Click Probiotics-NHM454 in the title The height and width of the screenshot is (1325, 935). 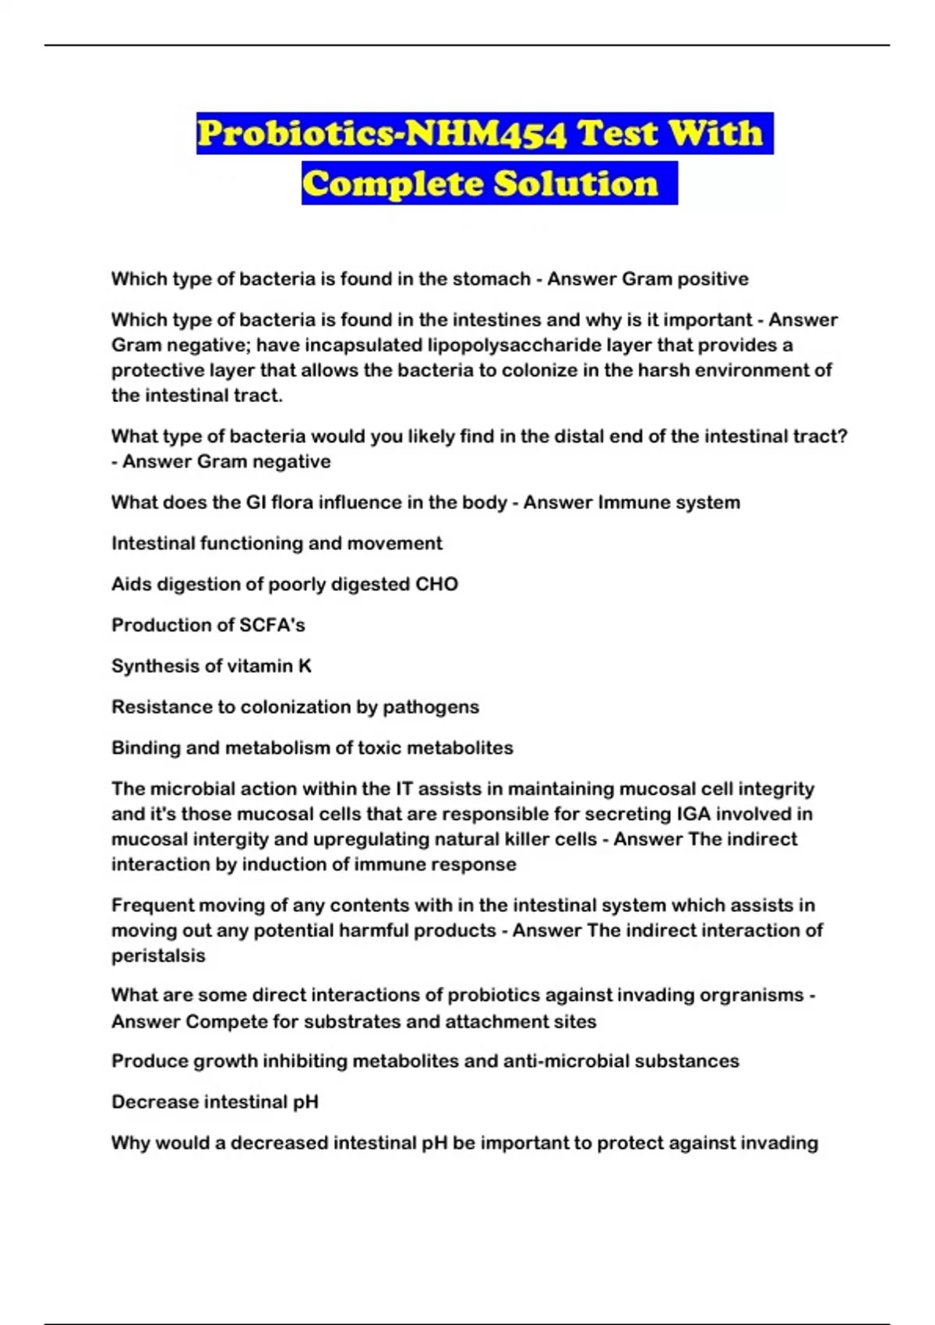coord(382,133)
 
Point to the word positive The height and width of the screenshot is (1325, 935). coord(712,279)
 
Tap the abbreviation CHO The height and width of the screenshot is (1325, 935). coord(437,585)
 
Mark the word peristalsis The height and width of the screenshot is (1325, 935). coord(158,956)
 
